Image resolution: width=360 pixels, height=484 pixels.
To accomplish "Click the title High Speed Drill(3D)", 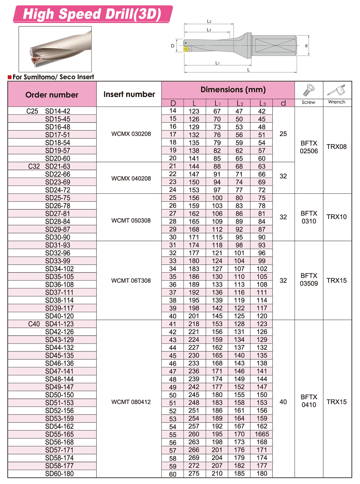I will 92,14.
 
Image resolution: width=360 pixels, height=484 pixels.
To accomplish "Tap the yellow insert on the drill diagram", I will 186,49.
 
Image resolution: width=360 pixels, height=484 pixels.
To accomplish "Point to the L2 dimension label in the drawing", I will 209,21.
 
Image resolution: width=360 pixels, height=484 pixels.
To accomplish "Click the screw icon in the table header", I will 309,90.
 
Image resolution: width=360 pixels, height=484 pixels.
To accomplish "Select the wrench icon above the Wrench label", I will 337,90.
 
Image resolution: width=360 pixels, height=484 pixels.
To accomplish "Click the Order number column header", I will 52,95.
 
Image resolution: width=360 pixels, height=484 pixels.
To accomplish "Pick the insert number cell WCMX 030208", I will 131,134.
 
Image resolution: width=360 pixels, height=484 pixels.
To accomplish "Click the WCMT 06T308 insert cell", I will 131,281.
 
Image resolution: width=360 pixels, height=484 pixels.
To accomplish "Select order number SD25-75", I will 58,198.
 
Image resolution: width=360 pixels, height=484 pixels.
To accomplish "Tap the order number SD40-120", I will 59,316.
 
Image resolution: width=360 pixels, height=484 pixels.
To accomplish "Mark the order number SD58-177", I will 59,466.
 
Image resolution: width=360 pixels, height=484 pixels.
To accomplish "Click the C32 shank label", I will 34,166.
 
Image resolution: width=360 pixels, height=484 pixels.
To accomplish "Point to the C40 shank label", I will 34,324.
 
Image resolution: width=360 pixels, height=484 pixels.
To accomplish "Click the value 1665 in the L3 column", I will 262,434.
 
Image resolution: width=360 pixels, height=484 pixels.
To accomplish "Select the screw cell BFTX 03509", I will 309,279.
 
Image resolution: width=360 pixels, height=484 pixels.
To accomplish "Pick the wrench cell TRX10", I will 337,217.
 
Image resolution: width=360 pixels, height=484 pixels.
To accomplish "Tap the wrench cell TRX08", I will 337,147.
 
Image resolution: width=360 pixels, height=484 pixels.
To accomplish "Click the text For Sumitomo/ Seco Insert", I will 53,77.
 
